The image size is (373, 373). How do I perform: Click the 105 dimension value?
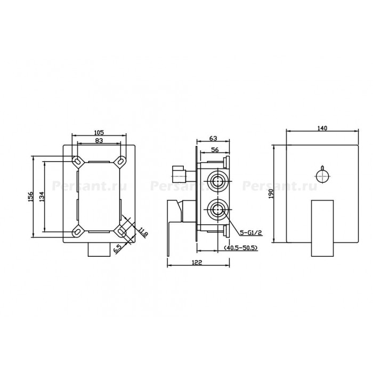coord(99,132)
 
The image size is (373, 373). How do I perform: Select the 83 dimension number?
coord(99,141)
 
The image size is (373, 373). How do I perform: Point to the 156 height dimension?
coord(30,197)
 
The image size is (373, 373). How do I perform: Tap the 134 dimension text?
coord(42,197)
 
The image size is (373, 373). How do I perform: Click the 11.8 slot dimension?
coord(143,232)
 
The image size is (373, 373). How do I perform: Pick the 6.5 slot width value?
coord(118,249)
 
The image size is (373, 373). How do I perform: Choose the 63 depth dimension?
coord(213,138)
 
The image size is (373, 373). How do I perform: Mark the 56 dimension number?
coord(215,150)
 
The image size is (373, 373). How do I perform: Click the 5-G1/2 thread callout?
coord(251,233)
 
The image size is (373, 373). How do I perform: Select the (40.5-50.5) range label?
coord(241,248)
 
